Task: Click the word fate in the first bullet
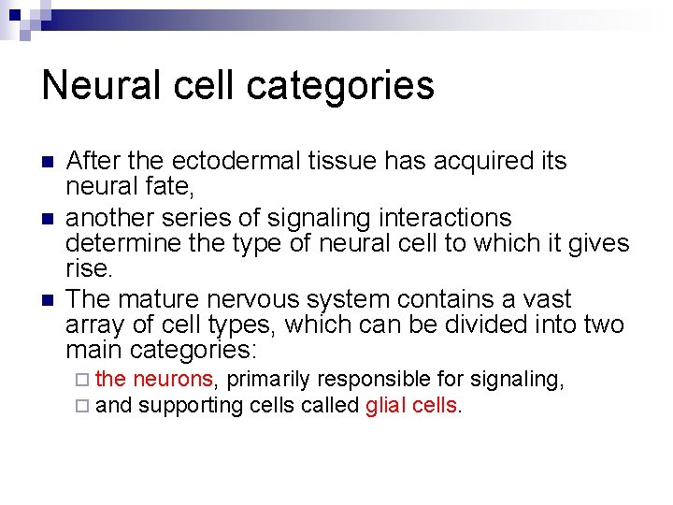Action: (x=165, y=186)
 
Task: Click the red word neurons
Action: (x=174, y=379)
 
